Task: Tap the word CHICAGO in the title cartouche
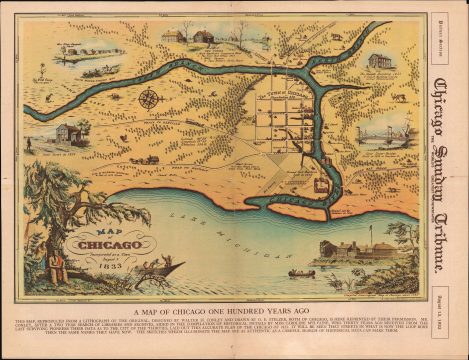point(97,244)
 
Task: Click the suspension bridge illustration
point(384,130)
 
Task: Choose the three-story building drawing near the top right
point(379,61)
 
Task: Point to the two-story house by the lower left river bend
point(68,133)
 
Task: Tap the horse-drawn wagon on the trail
point(145,158)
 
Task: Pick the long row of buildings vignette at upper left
point(90,51)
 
